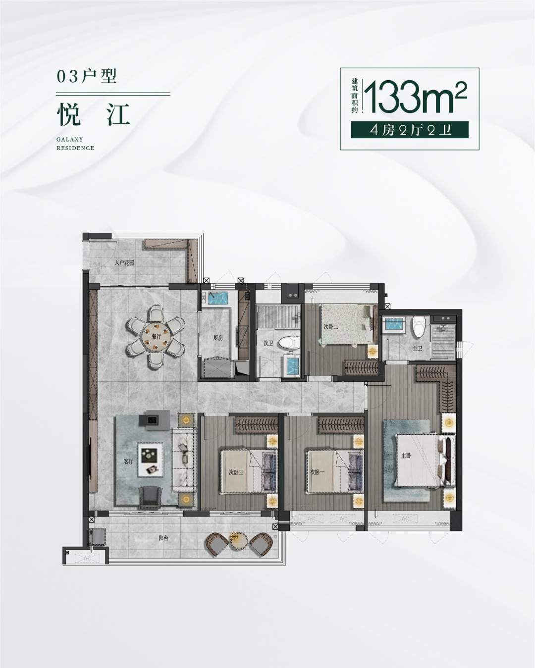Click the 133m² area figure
(x=415, y=98)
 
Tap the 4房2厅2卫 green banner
(x=410, y=130)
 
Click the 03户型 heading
(x=87, y=76)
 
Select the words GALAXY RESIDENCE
(x=75, y=144)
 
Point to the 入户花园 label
(x=124, y=262)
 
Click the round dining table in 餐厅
(x=155, y=336)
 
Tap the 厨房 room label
(x=218, y=338)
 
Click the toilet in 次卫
(x=289, y=342)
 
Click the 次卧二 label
(x=331, y=327)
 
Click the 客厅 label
(x=128, y=462)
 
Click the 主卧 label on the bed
(x=406, y=456)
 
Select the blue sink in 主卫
(x=394, y=325)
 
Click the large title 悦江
(x=93, y=114)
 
